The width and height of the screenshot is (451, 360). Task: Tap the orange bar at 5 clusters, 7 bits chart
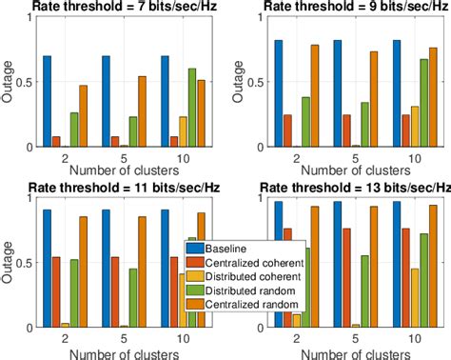(142, 110)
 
